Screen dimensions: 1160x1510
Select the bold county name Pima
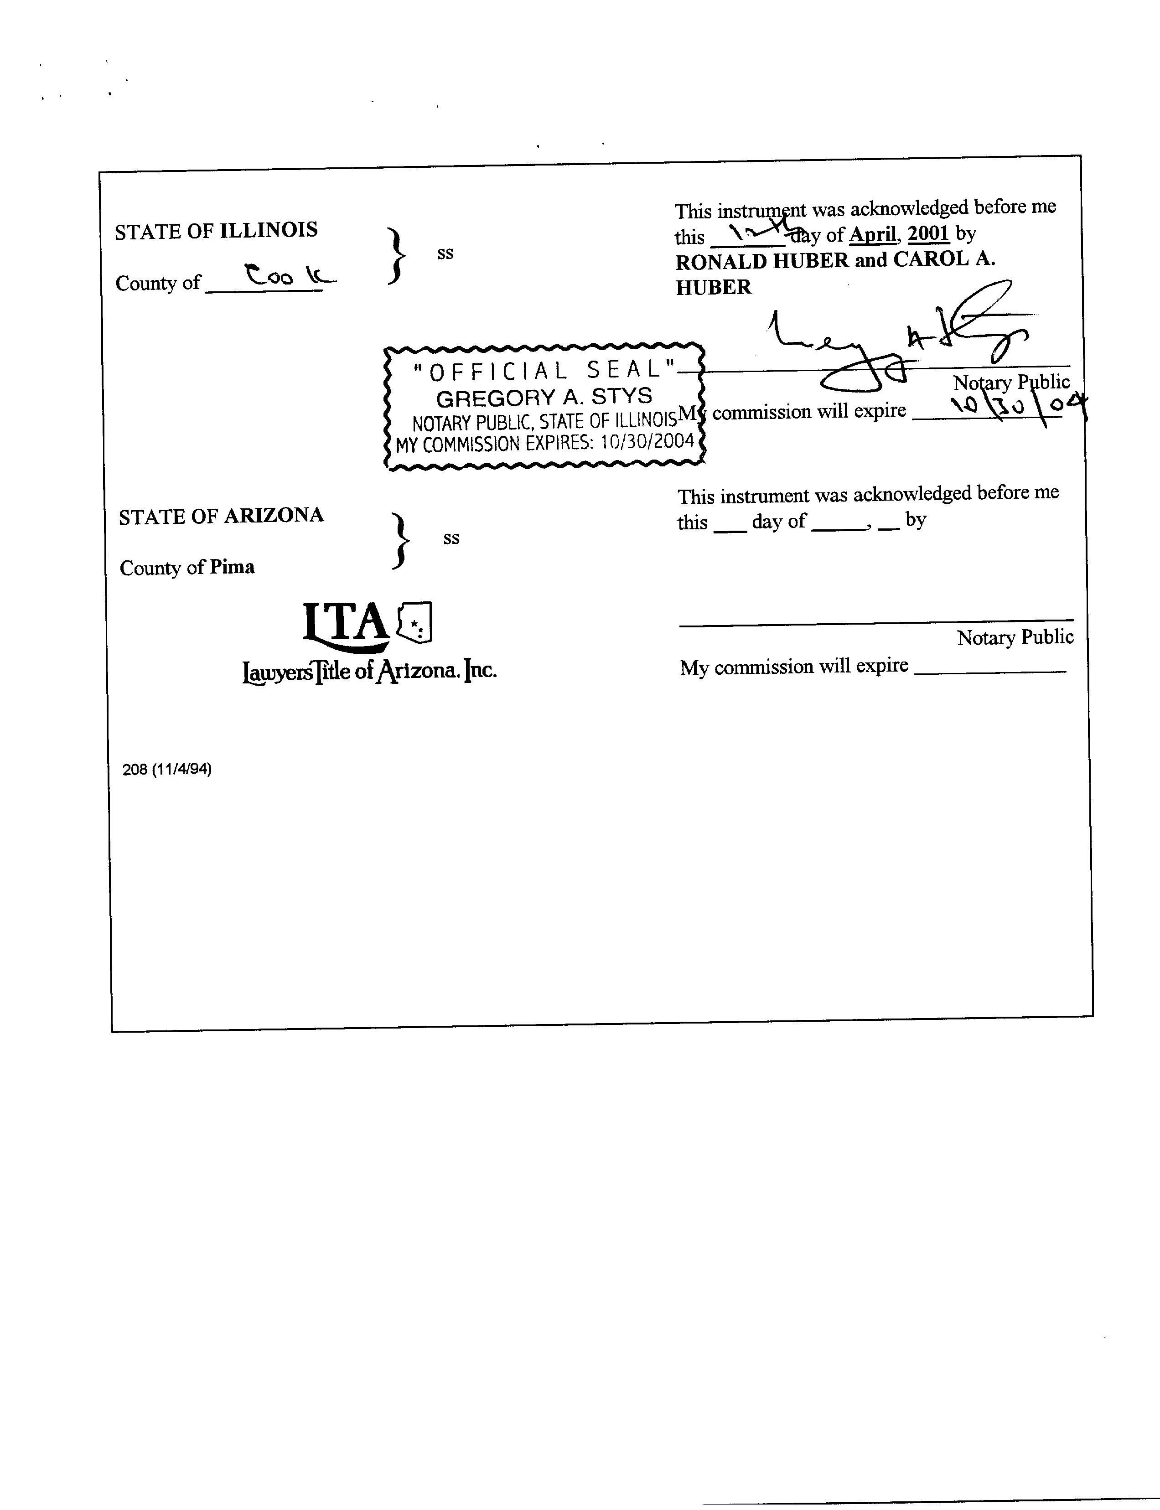[232, 567]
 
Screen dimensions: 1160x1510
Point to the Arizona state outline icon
[414, 622]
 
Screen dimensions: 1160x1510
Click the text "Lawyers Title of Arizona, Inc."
[369, 670]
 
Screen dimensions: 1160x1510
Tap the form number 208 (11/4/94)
[167, 769]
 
